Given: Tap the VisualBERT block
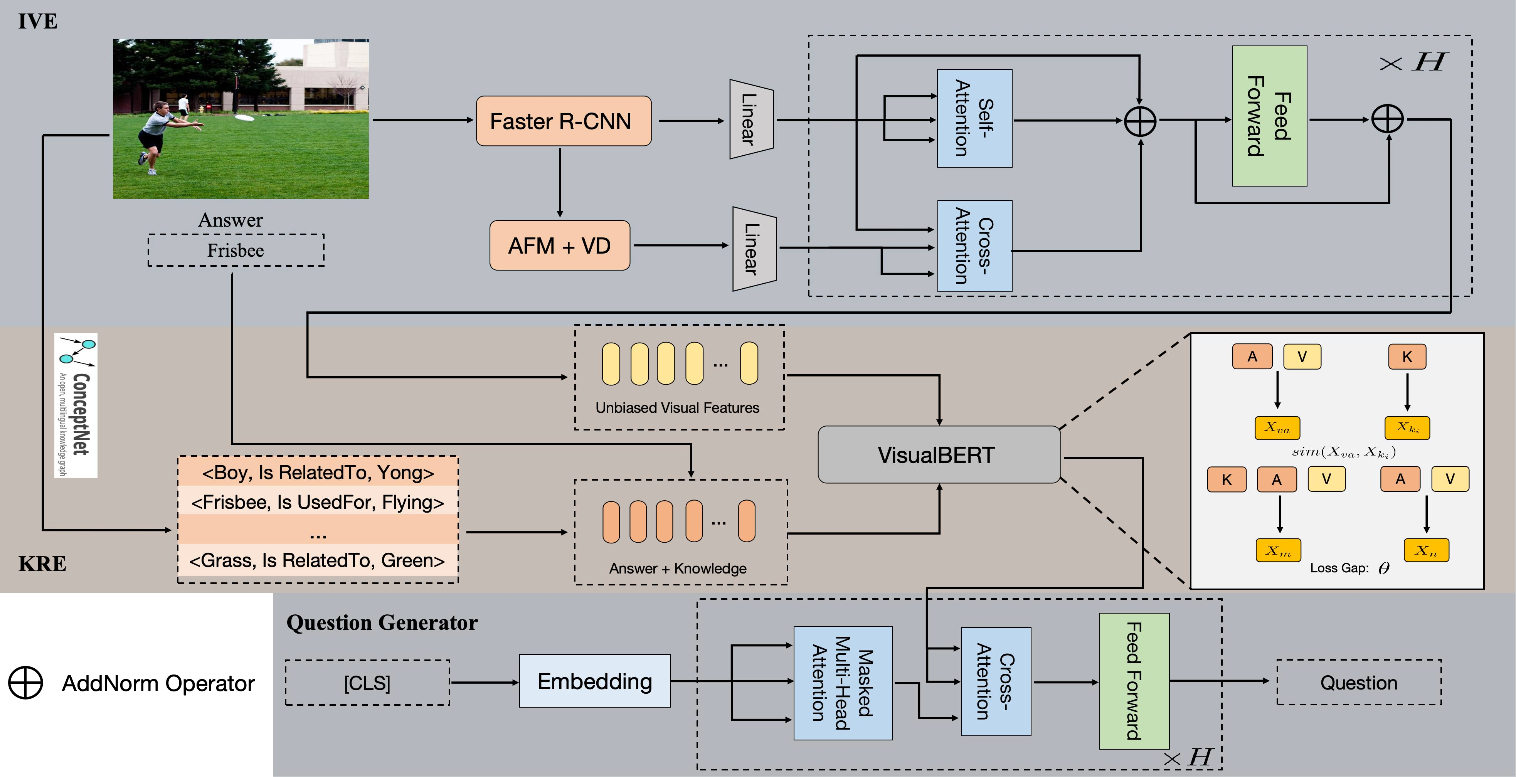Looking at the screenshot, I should (x=939, y=455).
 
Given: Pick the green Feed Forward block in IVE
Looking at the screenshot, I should (x=1269, y=116).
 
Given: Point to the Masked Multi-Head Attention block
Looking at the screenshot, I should (x=842, y=683).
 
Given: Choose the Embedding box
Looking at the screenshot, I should (x=594, y=681).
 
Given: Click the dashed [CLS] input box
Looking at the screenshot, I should (x=367, y=683).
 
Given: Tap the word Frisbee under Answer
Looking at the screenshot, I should (x=236, y=251).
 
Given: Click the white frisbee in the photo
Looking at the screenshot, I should (x=244, y=118).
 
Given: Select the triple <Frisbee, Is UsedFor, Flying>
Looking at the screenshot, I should (x=318, y=502).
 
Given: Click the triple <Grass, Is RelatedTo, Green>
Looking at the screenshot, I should (x=317, y=560).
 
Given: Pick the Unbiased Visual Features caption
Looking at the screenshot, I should (x=677, y=408).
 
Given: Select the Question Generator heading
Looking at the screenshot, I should (x=382, y=623).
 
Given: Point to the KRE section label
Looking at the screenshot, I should (x=42, y=564).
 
